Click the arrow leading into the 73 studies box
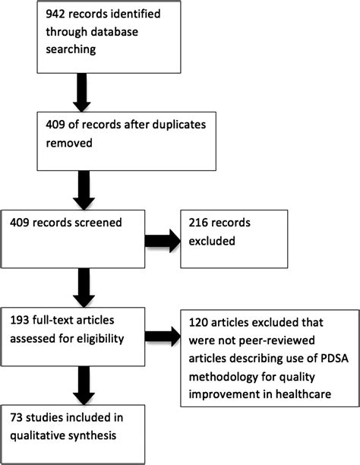coord(81,381)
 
